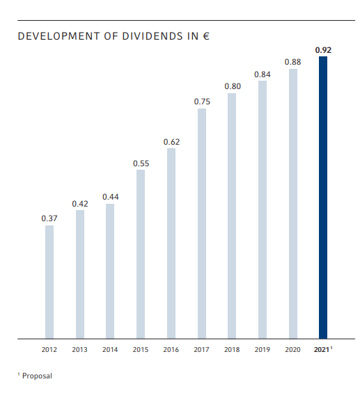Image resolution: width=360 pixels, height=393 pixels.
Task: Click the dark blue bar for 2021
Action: point(323,198)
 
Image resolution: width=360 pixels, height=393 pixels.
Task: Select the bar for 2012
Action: point(49,282)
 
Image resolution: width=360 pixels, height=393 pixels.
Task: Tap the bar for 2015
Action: point(141,254)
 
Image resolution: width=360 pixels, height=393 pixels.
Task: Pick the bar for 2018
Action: point(232,216)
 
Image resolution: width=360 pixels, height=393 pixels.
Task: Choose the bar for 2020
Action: point(293,203)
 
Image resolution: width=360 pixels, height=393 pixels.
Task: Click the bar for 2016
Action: point(171,243)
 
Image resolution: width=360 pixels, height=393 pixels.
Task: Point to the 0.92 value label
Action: point(323,50)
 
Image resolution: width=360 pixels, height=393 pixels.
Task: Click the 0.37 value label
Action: point(49,218)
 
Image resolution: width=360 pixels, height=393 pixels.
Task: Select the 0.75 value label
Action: point(202,102)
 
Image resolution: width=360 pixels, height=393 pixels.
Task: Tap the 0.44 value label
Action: point(111,197)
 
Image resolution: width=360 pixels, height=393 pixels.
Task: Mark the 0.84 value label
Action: point(263,74)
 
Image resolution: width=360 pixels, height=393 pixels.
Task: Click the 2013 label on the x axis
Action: point(80,349)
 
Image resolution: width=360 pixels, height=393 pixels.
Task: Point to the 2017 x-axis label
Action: point(202,349)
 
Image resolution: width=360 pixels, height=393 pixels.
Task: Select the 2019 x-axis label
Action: point(263,349)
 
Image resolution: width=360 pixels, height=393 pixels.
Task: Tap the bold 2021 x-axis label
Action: point(322,349)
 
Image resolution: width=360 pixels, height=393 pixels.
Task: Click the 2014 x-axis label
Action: point(111,349)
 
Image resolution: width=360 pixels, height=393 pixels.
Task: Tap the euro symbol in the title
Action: point(205,35)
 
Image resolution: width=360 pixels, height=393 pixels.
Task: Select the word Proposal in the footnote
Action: point(37,376)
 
